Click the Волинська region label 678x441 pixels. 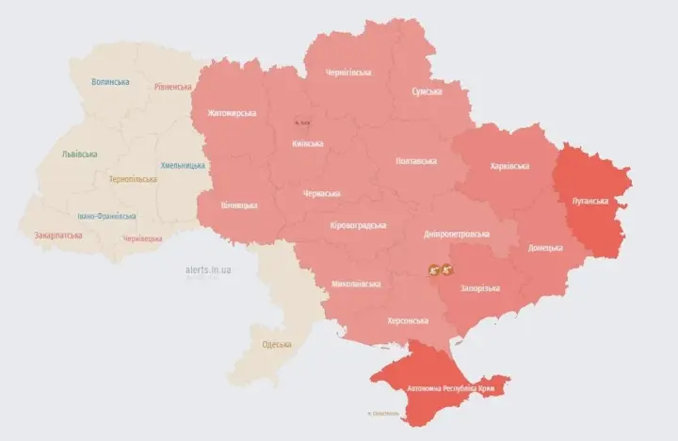pos(110,82)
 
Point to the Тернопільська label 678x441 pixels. pos(132,179)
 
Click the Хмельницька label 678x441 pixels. pos(183,165)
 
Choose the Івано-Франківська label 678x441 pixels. pos(106,216)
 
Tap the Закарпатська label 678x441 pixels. pos(57,234)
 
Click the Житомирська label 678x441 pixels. pos(226,113)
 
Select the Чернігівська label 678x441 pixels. pos(347,73)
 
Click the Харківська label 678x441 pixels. pos(509,166)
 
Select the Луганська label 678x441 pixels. pos(590,201)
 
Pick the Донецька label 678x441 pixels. pos(545,247)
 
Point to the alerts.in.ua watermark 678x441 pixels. pos(209,269)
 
